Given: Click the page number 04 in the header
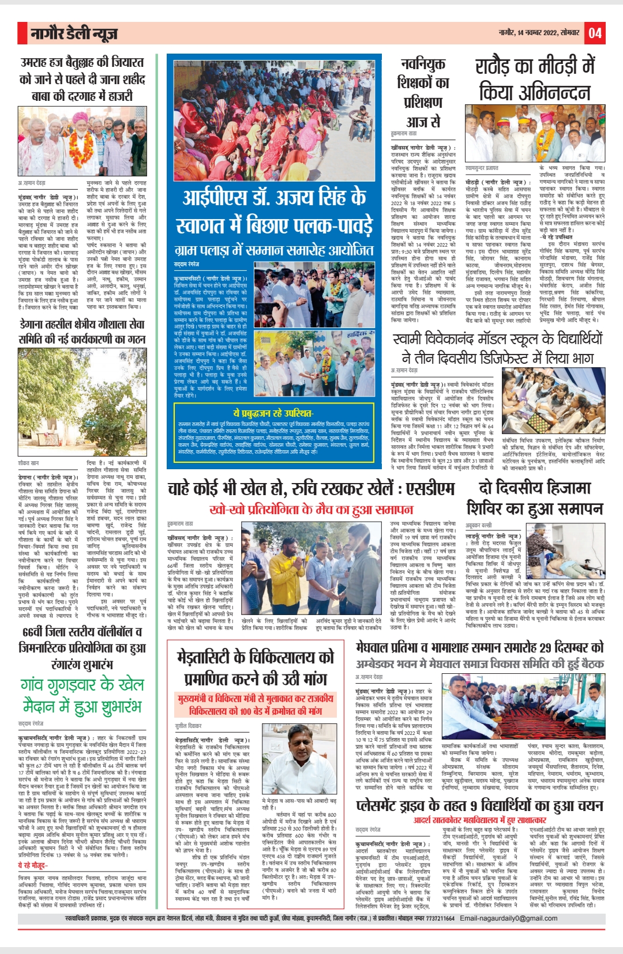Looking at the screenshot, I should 595,33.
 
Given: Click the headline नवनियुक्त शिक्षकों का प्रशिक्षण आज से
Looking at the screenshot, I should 423,93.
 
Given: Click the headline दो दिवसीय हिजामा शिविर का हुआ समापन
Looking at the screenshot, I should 535,498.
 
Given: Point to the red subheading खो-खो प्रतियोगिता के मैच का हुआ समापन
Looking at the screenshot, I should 311,510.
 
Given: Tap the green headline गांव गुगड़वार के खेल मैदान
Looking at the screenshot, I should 82,695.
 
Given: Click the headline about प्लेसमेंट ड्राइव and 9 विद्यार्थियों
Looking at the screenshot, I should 479,805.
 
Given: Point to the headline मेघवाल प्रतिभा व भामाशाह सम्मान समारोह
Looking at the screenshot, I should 479,647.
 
